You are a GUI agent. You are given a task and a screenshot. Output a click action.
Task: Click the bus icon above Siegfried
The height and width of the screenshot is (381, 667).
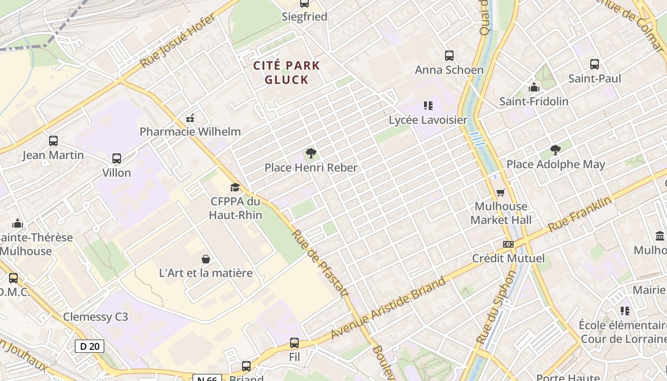[304, 3]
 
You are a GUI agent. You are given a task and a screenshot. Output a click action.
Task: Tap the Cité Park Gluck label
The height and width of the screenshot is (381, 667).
[286, 72]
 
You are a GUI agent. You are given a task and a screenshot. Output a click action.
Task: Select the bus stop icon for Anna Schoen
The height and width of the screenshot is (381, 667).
[449, 56]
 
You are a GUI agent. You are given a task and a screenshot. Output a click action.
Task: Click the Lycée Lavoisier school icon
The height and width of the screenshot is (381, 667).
[428, 106]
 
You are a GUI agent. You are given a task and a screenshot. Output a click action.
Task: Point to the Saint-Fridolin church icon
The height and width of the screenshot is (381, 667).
[534, 88]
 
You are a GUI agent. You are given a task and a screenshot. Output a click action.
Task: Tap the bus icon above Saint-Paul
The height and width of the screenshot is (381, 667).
[594, 64]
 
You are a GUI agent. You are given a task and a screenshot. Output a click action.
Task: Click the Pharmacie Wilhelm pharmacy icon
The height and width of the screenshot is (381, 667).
[190, 118]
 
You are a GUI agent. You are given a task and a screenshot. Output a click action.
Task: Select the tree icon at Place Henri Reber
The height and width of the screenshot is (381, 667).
[311, 153]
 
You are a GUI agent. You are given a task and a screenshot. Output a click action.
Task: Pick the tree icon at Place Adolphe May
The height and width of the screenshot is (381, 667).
[555, 150]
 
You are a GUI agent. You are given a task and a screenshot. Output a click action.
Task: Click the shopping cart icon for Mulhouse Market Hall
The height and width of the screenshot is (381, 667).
[500, 192]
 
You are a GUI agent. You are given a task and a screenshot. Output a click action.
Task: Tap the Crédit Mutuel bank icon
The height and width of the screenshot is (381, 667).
[508, 244]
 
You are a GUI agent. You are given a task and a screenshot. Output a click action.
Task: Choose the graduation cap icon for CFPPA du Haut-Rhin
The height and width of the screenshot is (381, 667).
[235, 187]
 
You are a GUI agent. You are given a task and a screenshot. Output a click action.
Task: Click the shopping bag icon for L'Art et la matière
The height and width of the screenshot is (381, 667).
[206, 259]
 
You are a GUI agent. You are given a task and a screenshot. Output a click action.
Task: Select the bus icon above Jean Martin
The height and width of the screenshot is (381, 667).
[53, 141]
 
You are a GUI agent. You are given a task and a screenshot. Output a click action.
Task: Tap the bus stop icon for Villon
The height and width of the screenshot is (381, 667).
[116, 159]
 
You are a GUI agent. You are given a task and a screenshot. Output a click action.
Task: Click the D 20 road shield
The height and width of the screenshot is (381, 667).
[90, 346]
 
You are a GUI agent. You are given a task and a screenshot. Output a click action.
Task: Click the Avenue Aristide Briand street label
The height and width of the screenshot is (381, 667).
[388, 308]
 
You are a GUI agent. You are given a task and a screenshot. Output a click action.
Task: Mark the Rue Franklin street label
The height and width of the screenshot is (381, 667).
[579, 214]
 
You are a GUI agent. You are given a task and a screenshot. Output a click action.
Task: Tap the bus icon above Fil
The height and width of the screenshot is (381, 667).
[294, 343]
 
